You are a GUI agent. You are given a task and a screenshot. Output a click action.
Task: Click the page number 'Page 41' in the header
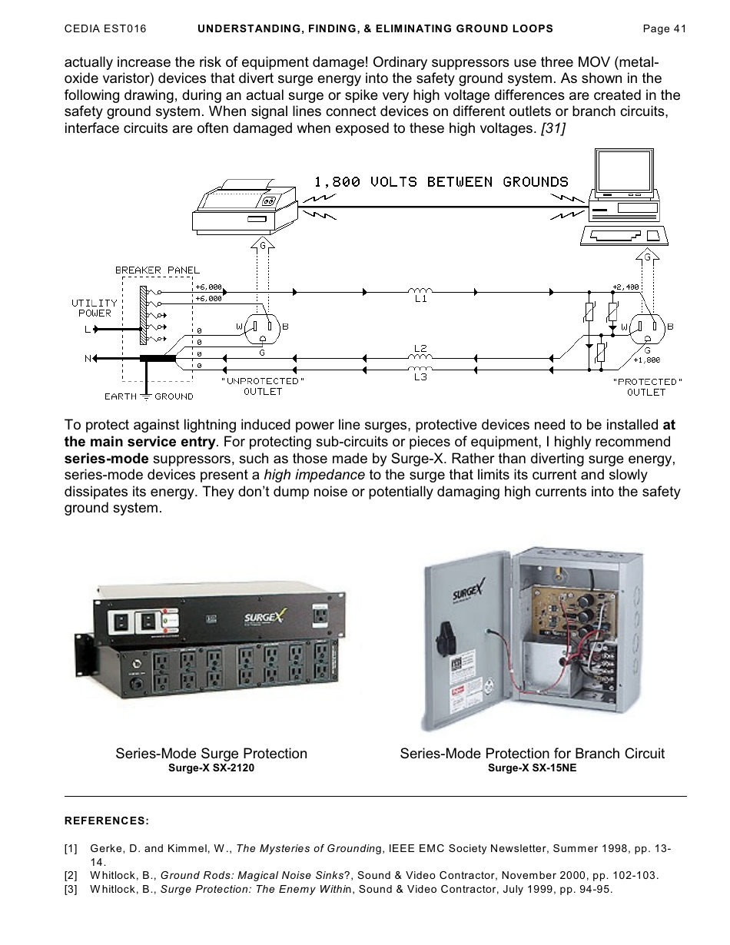(664, 28)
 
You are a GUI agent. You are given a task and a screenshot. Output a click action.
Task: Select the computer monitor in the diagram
(623, 174)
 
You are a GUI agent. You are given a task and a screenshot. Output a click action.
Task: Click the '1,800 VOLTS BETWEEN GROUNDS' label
(441, 182)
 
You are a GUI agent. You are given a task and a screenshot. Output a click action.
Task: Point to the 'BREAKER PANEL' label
(157, 270)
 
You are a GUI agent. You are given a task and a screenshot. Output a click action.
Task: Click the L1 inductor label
(420, 300)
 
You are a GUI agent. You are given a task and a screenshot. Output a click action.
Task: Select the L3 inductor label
(420, 377)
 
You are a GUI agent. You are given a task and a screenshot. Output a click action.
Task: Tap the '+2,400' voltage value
(625, 287)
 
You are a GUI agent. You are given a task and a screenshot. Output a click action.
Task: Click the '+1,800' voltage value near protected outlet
(645, 360)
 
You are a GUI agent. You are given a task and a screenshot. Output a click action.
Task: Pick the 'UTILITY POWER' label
(95, 308)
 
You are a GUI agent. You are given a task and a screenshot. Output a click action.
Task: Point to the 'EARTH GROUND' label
(148, 396)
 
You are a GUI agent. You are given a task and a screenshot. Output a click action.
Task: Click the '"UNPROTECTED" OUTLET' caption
(263, 386)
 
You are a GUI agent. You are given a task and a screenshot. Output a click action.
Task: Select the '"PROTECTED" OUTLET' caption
(646, 386)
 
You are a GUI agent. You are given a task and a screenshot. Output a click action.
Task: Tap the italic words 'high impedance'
(314, 475)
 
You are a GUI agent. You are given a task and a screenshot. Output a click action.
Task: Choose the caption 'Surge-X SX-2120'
(211, 768)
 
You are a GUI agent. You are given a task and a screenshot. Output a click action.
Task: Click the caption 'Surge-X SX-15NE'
(532, 768)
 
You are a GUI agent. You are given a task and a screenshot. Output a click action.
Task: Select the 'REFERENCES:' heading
(106, 821)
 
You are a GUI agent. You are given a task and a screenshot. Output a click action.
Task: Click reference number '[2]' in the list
(71, 875)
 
